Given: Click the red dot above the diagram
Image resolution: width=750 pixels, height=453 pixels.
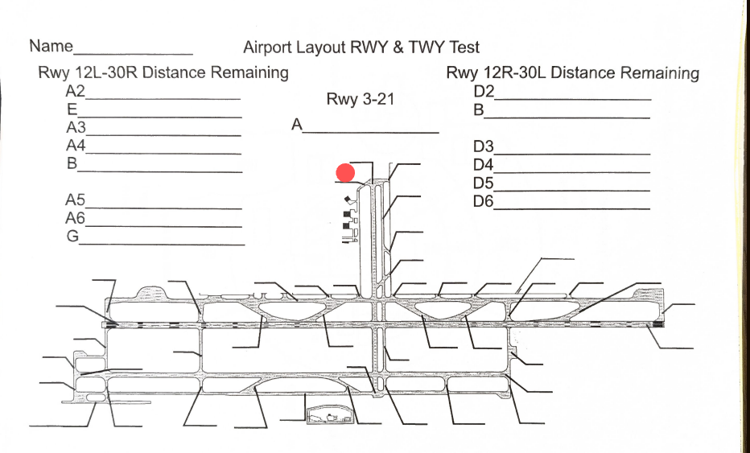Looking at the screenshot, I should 346,173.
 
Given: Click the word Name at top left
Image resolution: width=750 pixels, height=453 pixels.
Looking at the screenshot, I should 51,46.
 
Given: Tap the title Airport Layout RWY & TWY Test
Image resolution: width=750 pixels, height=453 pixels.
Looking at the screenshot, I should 361,47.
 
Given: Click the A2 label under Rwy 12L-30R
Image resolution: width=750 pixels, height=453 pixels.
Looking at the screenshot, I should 76,91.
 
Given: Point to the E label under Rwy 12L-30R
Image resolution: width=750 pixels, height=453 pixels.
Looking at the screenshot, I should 72,109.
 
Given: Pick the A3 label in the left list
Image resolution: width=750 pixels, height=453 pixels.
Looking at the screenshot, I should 76,128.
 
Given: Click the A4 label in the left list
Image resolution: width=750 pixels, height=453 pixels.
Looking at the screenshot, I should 76,146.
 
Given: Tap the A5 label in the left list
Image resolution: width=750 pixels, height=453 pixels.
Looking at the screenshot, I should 76,200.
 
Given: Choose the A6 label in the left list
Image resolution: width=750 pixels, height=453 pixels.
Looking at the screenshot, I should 76,218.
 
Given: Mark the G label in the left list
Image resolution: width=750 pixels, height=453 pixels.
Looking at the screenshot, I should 72,237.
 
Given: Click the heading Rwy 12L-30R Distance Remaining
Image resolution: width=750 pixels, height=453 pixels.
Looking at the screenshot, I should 163,72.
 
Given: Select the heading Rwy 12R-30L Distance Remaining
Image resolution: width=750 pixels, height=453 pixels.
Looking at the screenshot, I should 572,73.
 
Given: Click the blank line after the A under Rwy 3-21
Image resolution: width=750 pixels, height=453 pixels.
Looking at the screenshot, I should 371,131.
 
